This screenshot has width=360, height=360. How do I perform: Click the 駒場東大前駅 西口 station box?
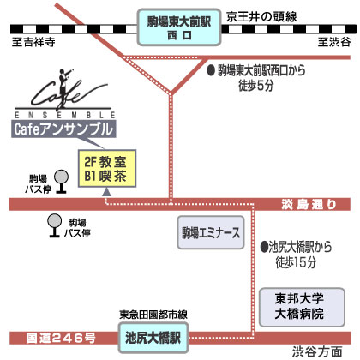(x=179, y=27)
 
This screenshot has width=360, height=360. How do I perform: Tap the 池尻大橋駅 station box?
(x=153, y=338)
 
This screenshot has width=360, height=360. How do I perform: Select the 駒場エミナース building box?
(x=211, y=232)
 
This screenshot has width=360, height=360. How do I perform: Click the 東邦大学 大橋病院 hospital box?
(x=302, y=307)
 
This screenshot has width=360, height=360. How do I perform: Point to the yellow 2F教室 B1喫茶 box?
(x=107, y=169)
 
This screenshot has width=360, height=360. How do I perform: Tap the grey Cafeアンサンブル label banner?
(x=63, y=129)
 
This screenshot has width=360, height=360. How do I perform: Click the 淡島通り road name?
(x=309, y=205)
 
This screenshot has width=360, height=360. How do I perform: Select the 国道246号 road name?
(x=61, y=339)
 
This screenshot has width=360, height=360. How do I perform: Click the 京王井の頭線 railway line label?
(x=261, y=17)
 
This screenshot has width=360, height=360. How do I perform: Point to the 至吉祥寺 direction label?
(x=33, y=42)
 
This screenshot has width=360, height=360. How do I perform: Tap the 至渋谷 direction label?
(x=334, y=42)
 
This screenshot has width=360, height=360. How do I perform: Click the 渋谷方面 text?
(x=317, y=352)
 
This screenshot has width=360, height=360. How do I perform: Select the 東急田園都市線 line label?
(x=153, y=315)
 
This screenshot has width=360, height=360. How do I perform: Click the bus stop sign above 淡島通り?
(x=61, y=182)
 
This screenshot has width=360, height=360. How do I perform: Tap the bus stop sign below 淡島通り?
(x=54, y=225)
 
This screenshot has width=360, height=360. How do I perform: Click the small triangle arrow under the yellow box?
(x=107, y=192)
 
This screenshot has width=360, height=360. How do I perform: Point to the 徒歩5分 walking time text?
(x=256, y=85)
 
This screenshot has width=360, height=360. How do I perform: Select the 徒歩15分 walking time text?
(x=296, y=262)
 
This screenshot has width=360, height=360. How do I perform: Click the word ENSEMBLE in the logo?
(x=65, y=115)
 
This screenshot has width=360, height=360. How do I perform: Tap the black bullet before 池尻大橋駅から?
(x=265, y=247)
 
